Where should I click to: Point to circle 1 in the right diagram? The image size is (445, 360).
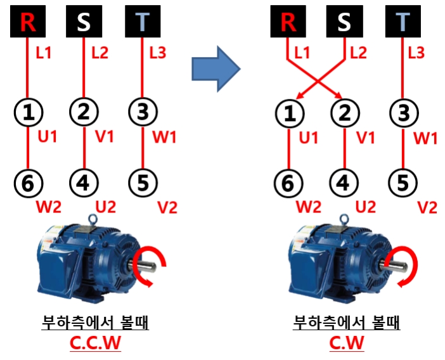click(x=289, y=114)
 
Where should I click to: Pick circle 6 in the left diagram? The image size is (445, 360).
click(x=28, y=184)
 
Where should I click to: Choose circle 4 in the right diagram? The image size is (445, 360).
click(x=344, y=184)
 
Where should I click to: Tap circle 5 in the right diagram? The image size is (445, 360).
click(x=403, y=184)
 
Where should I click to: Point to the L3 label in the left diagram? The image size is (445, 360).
click(x=157, y=53)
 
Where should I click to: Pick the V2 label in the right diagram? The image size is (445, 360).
click(x=428, y=207)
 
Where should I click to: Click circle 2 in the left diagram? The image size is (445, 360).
click(x=84, y=113)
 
